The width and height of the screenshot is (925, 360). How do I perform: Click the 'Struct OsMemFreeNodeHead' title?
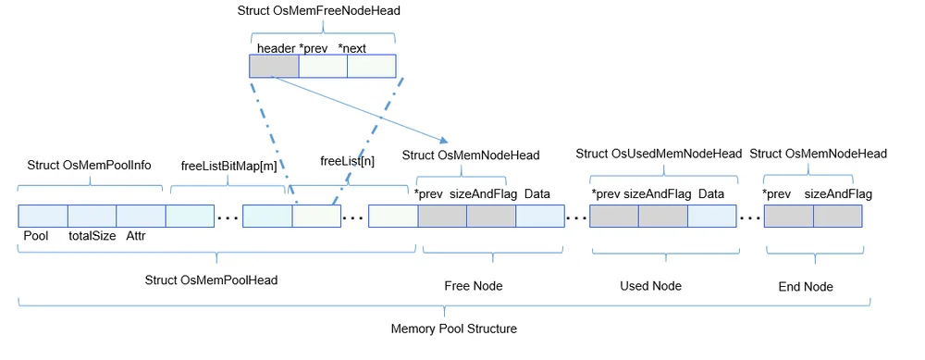(319, 10)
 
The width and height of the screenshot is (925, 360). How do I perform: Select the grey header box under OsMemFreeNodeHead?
(275, 66)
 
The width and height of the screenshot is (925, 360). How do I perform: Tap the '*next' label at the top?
(352, 48)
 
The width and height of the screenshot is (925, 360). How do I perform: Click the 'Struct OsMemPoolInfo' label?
(89, 166)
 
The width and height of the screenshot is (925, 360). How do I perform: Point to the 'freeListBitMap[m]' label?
(228, 166)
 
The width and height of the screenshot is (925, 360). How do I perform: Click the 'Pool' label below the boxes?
(36, 236)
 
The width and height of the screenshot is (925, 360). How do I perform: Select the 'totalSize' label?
(92, 236)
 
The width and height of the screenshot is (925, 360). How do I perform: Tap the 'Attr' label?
(135, 236)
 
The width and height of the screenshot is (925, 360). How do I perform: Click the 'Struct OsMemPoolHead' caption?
(211, 280)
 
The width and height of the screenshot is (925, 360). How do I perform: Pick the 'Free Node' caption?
(473, 286)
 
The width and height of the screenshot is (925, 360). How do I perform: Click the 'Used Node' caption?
(650, 286)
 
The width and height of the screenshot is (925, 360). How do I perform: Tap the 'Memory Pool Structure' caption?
(453, 329)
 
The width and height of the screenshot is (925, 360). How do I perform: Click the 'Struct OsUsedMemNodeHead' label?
(659, 154)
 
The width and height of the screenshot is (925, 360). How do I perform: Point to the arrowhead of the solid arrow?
(445, 141)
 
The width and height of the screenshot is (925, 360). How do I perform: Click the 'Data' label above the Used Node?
(711, 194)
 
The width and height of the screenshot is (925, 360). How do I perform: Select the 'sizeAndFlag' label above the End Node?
(838, 194)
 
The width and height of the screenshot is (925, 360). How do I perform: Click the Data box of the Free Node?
(540, 216)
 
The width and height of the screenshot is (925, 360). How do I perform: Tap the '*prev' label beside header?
(314, 48)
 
